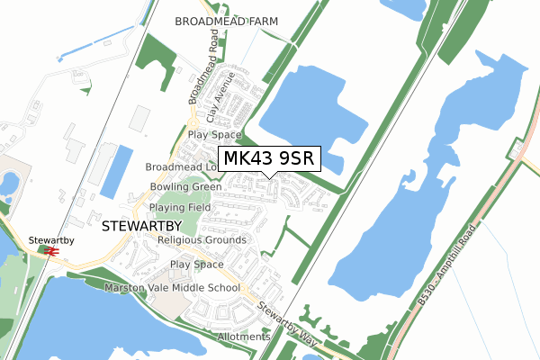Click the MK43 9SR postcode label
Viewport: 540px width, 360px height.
[x=267, y=159]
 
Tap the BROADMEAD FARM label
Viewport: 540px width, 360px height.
[x=227, y=20]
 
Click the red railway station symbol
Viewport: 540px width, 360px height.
[x=51, y=253]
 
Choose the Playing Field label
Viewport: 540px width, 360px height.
[x=180, y=207]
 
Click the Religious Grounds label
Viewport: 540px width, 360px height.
[x=202, y=240]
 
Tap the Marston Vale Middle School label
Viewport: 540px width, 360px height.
[x=173, y=288]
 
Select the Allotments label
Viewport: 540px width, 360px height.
[x=243, y=337]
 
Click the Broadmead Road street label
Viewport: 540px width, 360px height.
[x=202, y=68]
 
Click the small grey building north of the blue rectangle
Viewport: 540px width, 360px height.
[x=140, y=118]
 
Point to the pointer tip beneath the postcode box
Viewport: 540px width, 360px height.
[x=267, y=177]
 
